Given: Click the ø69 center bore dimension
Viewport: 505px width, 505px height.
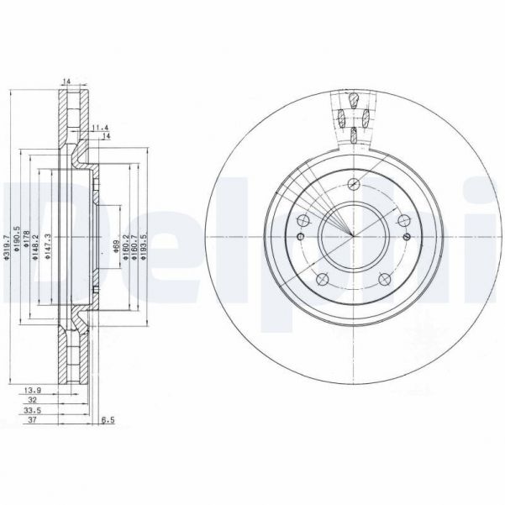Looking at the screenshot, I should coord(116,244).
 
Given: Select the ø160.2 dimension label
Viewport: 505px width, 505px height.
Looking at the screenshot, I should coord(125,246).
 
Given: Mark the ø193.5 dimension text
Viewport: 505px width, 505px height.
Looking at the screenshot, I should coord(145,246).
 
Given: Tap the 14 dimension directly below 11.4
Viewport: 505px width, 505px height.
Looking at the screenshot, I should coord(106,135).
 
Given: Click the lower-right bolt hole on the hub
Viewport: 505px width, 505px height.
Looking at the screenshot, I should coord(387,282).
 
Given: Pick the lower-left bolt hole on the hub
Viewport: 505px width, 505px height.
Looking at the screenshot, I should coord(322,282).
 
